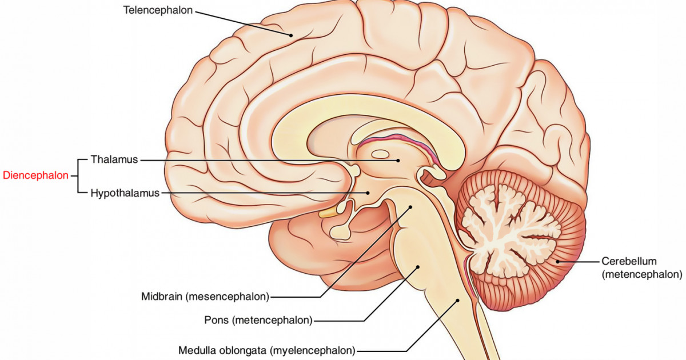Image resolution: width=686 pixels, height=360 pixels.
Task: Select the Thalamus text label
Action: [114, 160]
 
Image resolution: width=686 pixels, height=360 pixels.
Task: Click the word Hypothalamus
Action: [125, 193]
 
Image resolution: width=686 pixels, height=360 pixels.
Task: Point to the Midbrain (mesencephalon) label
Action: [205, 297]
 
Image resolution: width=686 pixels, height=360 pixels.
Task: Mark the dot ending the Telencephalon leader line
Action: [291, 35]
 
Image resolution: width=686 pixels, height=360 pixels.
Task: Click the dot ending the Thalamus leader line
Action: [398, 161]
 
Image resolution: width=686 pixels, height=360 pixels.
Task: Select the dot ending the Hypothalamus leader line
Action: [369, 193]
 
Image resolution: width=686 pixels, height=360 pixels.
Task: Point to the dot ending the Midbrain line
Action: [410, 208]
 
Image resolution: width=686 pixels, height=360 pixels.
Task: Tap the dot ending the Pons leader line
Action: [418, 266]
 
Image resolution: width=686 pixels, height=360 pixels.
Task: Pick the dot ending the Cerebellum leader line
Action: [558, 262]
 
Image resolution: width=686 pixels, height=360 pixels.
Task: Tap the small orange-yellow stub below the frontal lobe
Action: [328, 213]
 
